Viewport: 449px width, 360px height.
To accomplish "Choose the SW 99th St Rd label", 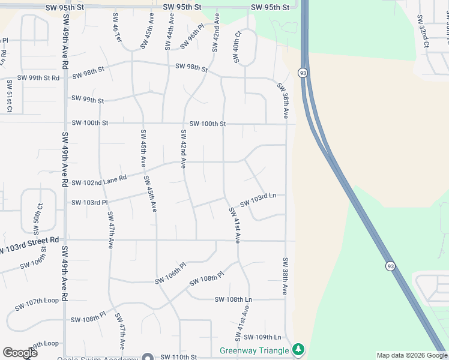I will click(x=38, y=78).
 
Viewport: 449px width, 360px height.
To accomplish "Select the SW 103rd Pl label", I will click(x=89, y=202).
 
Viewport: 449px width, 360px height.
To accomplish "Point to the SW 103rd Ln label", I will click(x=258, y=200).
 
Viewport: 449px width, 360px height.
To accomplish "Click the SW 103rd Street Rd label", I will click(x=29, y=242).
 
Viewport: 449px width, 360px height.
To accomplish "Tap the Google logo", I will click(x=20, y=353).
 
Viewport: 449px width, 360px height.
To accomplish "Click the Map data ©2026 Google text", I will click(x=411, y=355).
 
